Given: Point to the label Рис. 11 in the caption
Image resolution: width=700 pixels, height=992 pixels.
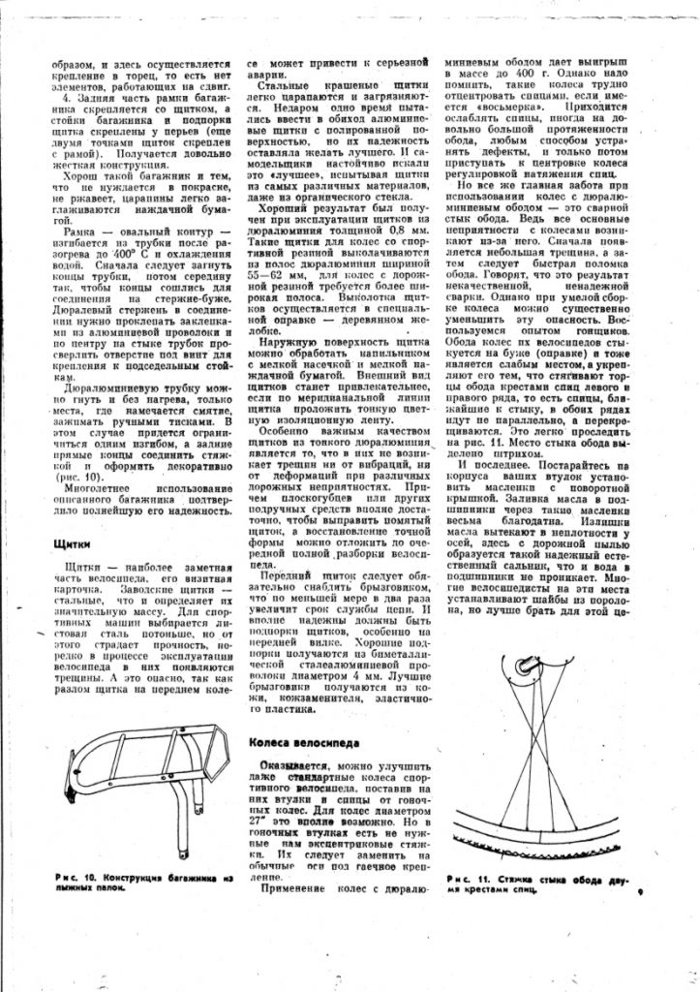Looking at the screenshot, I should pos(468,880).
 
